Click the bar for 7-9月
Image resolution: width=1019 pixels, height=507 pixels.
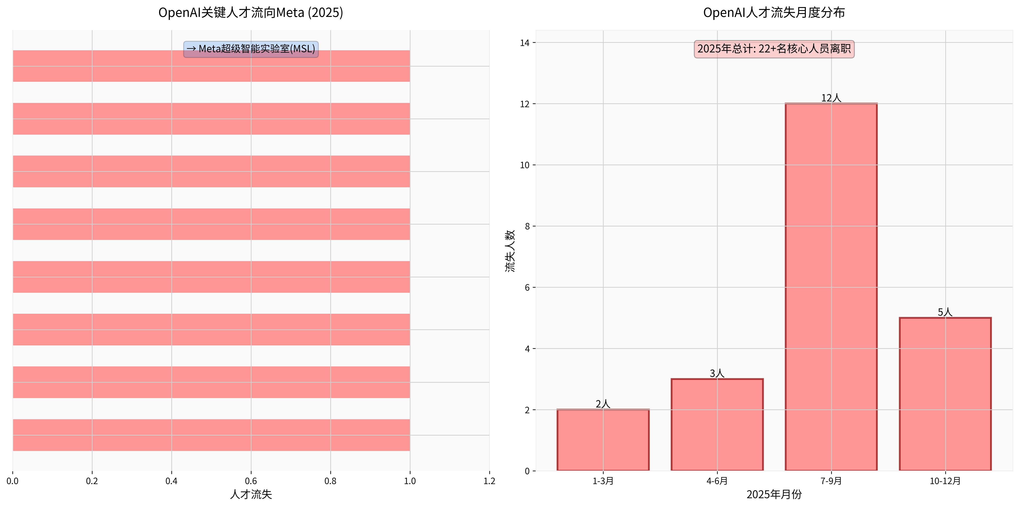(831, 287)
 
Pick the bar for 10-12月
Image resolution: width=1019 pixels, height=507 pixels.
(945, 394)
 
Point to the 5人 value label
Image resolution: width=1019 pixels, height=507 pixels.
(945, 312)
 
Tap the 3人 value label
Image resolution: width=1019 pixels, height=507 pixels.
(717, 373)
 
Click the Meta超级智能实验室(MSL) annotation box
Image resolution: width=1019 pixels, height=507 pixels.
(251, 49)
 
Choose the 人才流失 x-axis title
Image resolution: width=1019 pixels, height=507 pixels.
(251, 494)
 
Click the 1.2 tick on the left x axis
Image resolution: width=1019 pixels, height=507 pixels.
(489, 481)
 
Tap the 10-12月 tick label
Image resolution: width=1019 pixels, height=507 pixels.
(945, 481)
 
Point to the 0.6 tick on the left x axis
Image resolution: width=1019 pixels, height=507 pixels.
(251, 481)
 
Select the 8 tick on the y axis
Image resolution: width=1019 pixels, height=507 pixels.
(527, 226)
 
